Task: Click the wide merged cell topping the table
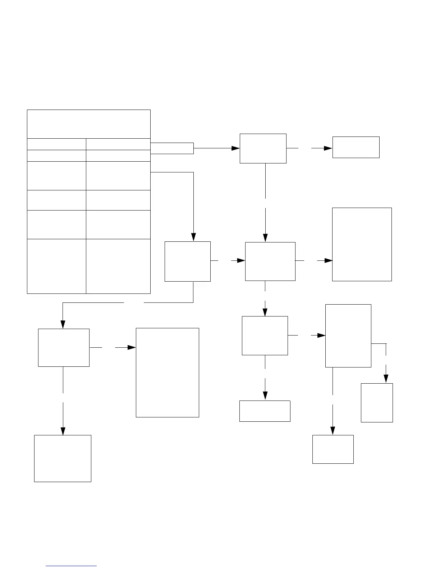pos(89,124)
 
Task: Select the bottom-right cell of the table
pos(118,266)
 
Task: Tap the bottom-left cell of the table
pos(56,266)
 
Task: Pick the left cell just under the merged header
pos(56,144)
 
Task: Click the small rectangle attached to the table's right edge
pos(172,148)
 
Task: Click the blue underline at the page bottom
pos(72,566)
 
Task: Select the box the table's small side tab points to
pos(263,148)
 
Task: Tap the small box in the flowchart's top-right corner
pos(356,147)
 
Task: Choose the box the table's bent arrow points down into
pos(188,262)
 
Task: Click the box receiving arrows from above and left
pos(270,261)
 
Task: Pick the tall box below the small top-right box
pos(362,244)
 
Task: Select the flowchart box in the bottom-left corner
pos(63,458)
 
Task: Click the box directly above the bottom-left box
pos(64,348)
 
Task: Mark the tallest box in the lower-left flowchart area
pos(168,373)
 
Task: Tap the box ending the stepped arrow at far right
pos(377,403)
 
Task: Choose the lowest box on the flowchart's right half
pos(333,449)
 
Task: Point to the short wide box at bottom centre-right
pos(265,411)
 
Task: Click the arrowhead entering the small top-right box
pos(328,148)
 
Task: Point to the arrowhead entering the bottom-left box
pos(63,431)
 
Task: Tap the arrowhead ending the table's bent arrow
pos(193,237)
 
